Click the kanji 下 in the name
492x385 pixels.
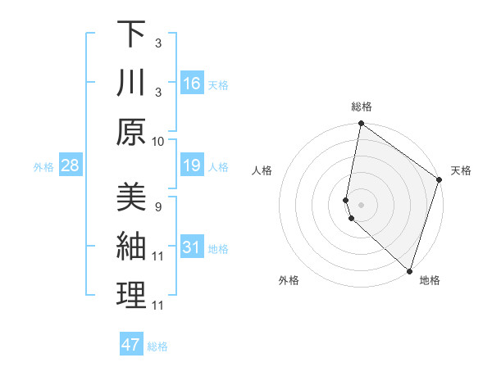(x=131, y=34)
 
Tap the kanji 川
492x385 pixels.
(x=131, y=84)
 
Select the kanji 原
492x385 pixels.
(x=131, y=132)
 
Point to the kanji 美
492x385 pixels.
(x=131, y=197)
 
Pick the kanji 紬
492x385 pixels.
(x=131, y=247)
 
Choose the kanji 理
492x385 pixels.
(x=131, y=296)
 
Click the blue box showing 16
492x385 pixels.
(x=191, y=84)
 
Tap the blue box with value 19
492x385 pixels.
(x=191, y=166)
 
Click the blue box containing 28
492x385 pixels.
(x=71, y=166)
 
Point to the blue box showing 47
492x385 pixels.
(x=131, y=345)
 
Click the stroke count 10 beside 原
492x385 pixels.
(x=158, y=141)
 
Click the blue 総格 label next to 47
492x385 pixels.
(x=157, y=346)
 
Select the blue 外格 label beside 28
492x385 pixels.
(x=43, y=167)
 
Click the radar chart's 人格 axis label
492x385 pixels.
(x=262, y=170)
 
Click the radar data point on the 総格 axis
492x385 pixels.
(x=361, y=125)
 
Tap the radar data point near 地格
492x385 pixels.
(x=409, y=270)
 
